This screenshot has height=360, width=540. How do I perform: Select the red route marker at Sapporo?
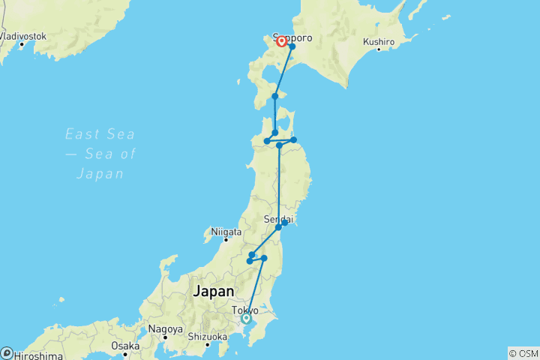coord(282,42)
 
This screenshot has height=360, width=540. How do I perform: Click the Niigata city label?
coord(226,231)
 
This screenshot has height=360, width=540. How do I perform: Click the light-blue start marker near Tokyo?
coord(246,318)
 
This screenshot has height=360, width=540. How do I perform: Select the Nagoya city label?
coord(165,329)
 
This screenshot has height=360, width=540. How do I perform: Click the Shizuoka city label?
coord(208,337)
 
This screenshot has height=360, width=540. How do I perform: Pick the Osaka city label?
coord(125,346)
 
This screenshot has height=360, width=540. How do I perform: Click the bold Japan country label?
coord(213,291)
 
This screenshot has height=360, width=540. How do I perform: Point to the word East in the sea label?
coord(79,134)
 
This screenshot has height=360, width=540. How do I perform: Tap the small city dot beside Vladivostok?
coord(22,43)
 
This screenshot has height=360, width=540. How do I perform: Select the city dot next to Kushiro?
coord(379,50)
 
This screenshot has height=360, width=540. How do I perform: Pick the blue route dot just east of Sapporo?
coord(292,47)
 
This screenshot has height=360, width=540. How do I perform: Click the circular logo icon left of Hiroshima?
coord(6,353)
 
